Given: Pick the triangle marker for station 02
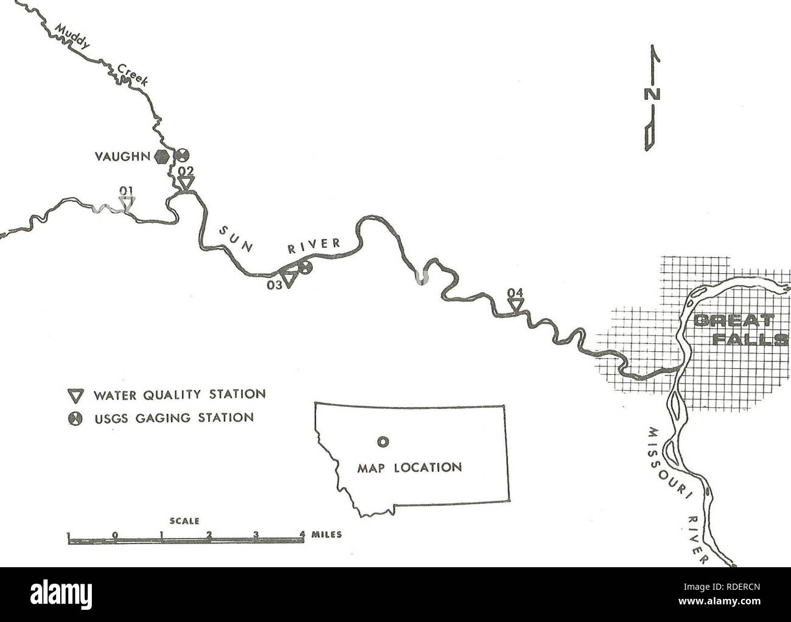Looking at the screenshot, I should tap(186, 183).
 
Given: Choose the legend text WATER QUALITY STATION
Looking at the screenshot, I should tap(176, 395).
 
